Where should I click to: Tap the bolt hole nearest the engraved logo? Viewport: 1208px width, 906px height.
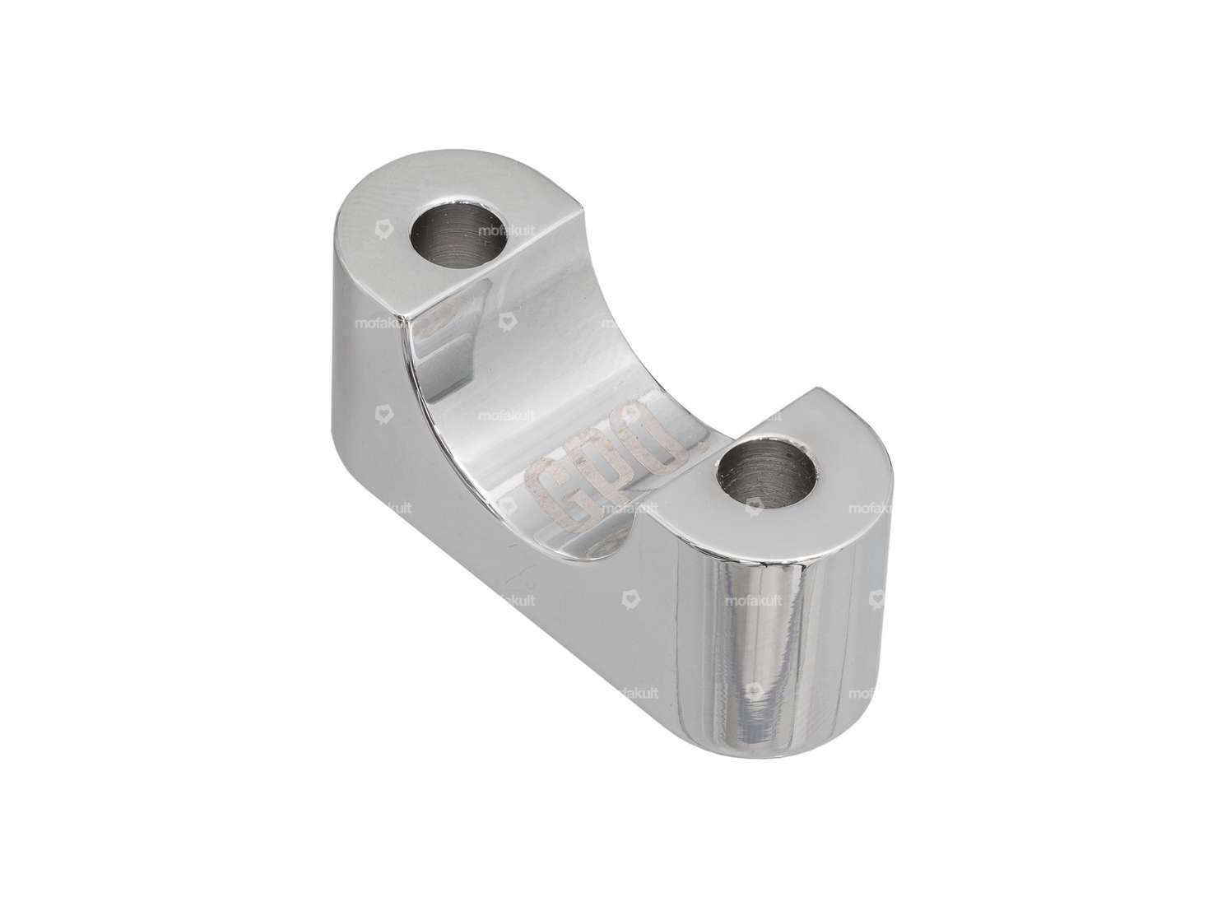[x=767, y=475]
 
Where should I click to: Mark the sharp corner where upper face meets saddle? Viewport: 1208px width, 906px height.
[x=405, y=318]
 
